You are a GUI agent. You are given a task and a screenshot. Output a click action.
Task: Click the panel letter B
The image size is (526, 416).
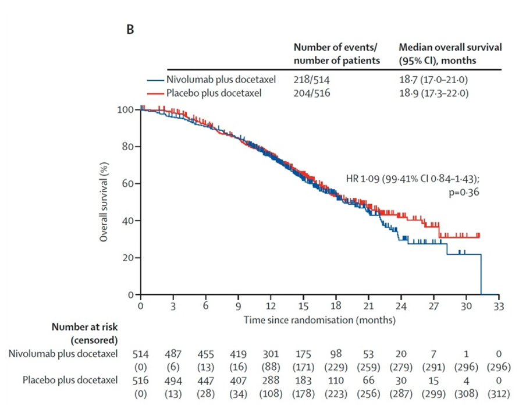[x=130, y=30]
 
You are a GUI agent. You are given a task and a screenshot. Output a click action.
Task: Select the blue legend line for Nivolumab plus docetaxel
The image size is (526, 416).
[x=155, y=80]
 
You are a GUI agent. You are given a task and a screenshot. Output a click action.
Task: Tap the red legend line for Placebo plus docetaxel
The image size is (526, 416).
[x=155, y=93]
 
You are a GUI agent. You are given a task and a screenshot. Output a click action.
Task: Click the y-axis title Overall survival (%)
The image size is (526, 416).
[x=104, y=201]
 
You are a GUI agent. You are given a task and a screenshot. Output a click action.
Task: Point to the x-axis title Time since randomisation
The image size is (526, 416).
[x=319, y=319]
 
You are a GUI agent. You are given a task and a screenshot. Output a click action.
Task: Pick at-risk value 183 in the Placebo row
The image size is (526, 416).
[x=304, y=381]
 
